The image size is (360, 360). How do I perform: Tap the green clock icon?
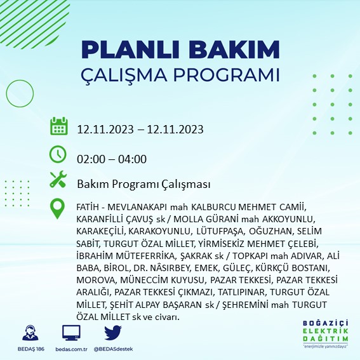(x=58, y=155)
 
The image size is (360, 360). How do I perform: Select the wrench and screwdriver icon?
(x=58, y=181)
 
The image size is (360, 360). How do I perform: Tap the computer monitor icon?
(x=71, y=332)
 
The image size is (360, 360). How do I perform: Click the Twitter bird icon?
(x=112, y=332)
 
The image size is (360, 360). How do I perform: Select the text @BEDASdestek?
(x=113, y=349)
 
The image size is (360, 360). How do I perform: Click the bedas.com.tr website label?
(x=71, y=349)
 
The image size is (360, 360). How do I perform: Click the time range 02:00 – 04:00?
(x=112, y=159)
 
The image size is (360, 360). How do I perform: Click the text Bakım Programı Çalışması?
(x=143, y=184)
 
